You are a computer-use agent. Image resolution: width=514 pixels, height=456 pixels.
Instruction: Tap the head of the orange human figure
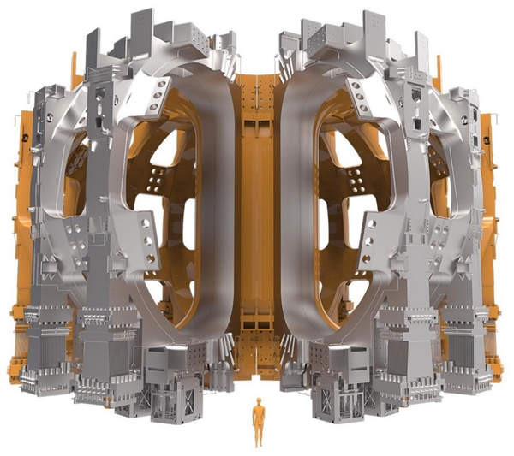[x=257, y=401]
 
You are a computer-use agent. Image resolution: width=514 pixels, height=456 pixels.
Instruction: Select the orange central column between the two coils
[x=257, y=214]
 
